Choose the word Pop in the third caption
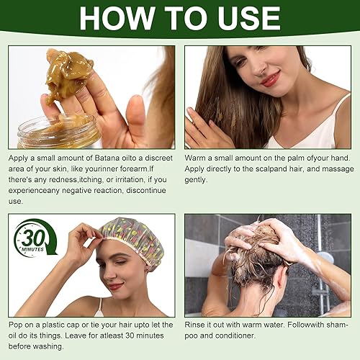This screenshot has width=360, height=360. pos(17,325)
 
